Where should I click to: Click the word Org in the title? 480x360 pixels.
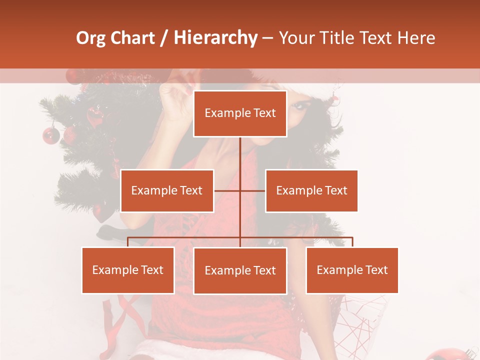pos(90,38)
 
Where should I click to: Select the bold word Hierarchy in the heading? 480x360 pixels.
pos(215,38)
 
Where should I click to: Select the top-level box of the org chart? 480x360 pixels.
pos(240,113)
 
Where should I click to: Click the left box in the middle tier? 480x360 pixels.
pos(167,190)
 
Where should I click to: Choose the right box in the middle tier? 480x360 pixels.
pos(311,190)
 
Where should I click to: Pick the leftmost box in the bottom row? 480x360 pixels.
pos(128,270)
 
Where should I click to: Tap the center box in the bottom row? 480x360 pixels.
pos(240,270)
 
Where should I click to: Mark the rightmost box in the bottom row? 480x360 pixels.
pos(352,270)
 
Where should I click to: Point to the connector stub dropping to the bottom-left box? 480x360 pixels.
pos(128,242)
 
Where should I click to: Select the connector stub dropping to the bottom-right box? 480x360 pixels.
pos(352,242)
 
